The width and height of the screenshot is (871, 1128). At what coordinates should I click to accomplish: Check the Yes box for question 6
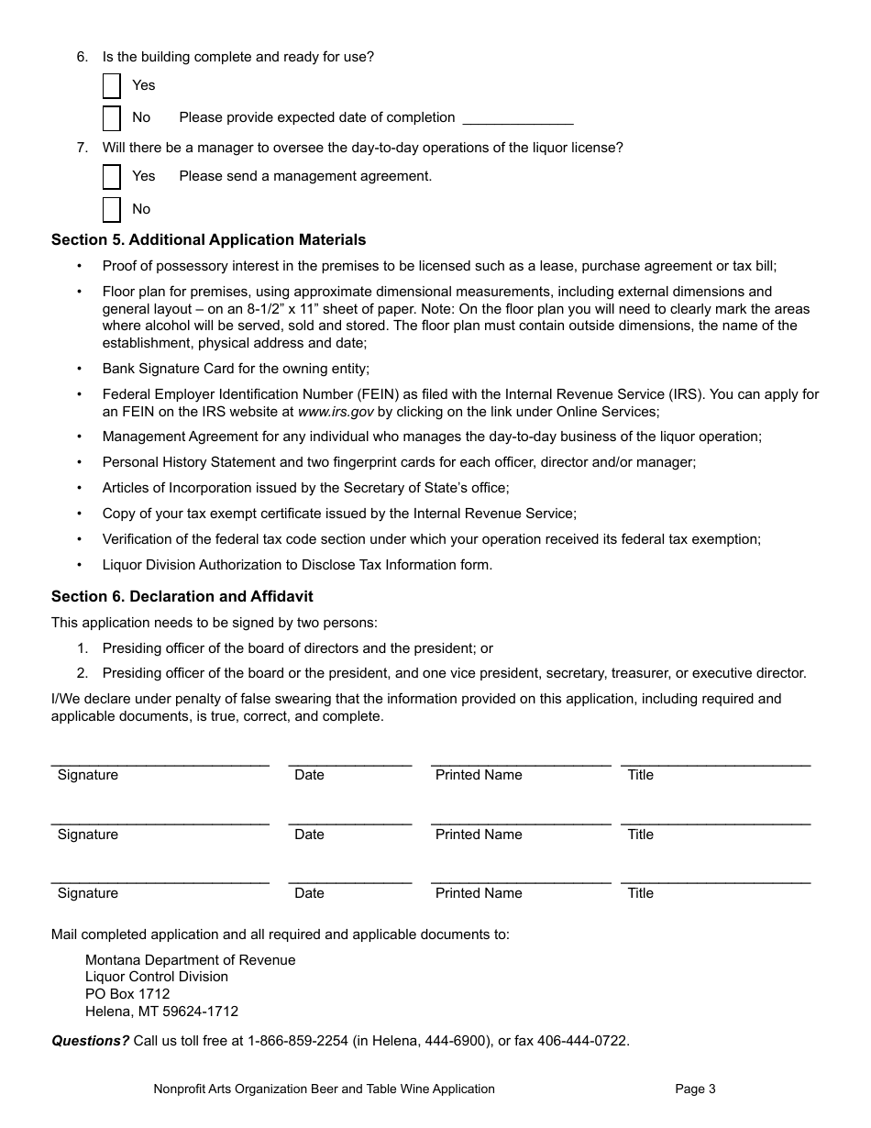[x=112, y=85]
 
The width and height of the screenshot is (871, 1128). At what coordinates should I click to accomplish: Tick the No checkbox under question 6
[x=112, y=118]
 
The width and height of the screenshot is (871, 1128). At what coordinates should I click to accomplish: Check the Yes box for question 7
[x=112, y=176]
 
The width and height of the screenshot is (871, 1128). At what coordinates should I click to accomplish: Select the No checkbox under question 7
[x=112, y=209]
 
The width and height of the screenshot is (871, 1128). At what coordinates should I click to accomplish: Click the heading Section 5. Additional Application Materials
[x=208, y=240]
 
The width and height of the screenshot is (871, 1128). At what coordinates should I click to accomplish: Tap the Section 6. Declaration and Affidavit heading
[x=182, y=597]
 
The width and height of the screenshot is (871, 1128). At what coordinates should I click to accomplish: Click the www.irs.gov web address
[x=336, y=412]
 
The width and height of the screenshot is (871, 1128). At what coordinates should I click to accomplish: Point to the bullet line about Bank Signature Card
[x=236, y=369]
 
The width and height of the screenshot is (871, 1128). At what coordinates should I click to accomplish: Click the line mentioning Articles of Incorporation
[x=305, y=488]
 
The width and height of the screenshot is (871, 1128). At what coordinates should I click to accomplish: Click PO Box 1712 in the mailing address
[x=127, y=994]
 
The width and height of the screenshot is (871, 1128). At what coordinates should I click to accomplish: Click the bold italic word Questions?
[x=90, y=1041]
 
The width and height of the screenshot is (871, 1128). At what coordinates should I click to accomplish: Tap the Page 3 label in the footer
[x=695, y=1089]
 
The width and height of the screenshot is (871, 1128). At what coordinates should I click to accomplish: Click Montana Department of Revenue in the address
[x=190, y=960]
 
